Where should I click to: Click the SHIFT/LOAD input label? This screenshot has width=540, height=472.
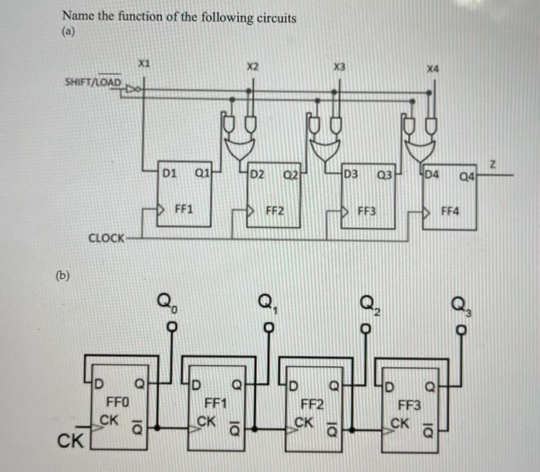coord(93,82)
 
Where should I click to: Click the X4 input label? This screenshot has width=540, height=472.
coord(432,69)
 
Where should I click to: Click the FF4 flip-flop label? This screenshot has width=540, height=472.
coord(450,208)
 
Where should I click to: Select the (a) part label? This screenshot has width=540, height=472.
coord(69,33)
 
